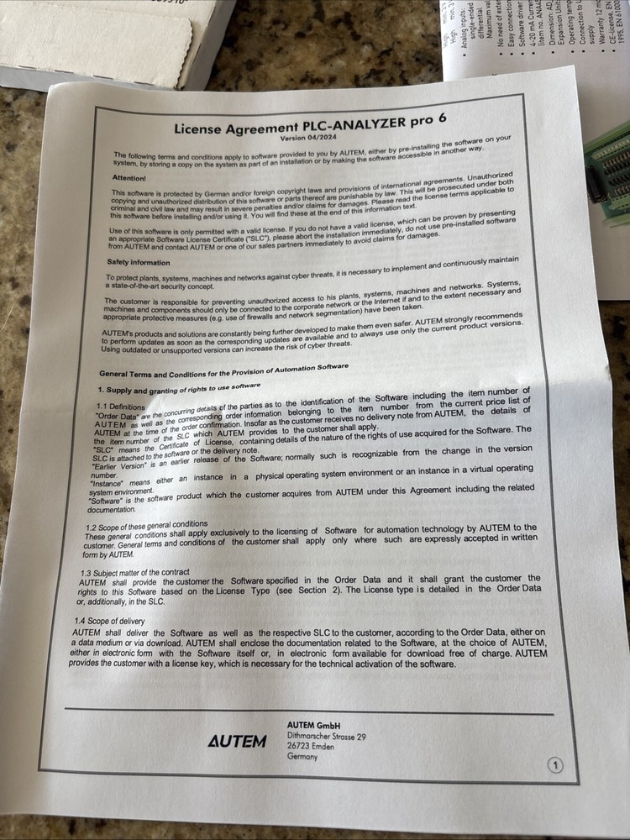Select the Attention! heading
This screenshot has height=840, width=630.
(x=129, y=177)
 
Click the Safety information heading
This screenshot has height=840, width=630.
(x=139, y=263)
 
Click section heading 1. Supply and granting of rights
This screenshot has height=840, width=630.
(x=178, y=389)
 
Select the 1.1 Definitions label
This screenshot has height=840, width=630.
(x=122, y=407)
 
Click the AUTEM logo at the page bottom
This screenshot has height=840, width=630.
(x=237, y=741)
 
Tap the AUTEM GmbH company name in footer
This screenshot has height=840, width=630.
(x=312, y=725)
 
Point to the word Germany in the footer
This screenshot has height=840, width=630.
(x=302, y=757)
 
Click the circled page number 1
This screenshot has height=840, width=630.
(x=557, y=764)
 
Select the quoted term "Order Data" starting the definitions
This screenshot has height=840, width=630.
(x=116, y=417)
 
